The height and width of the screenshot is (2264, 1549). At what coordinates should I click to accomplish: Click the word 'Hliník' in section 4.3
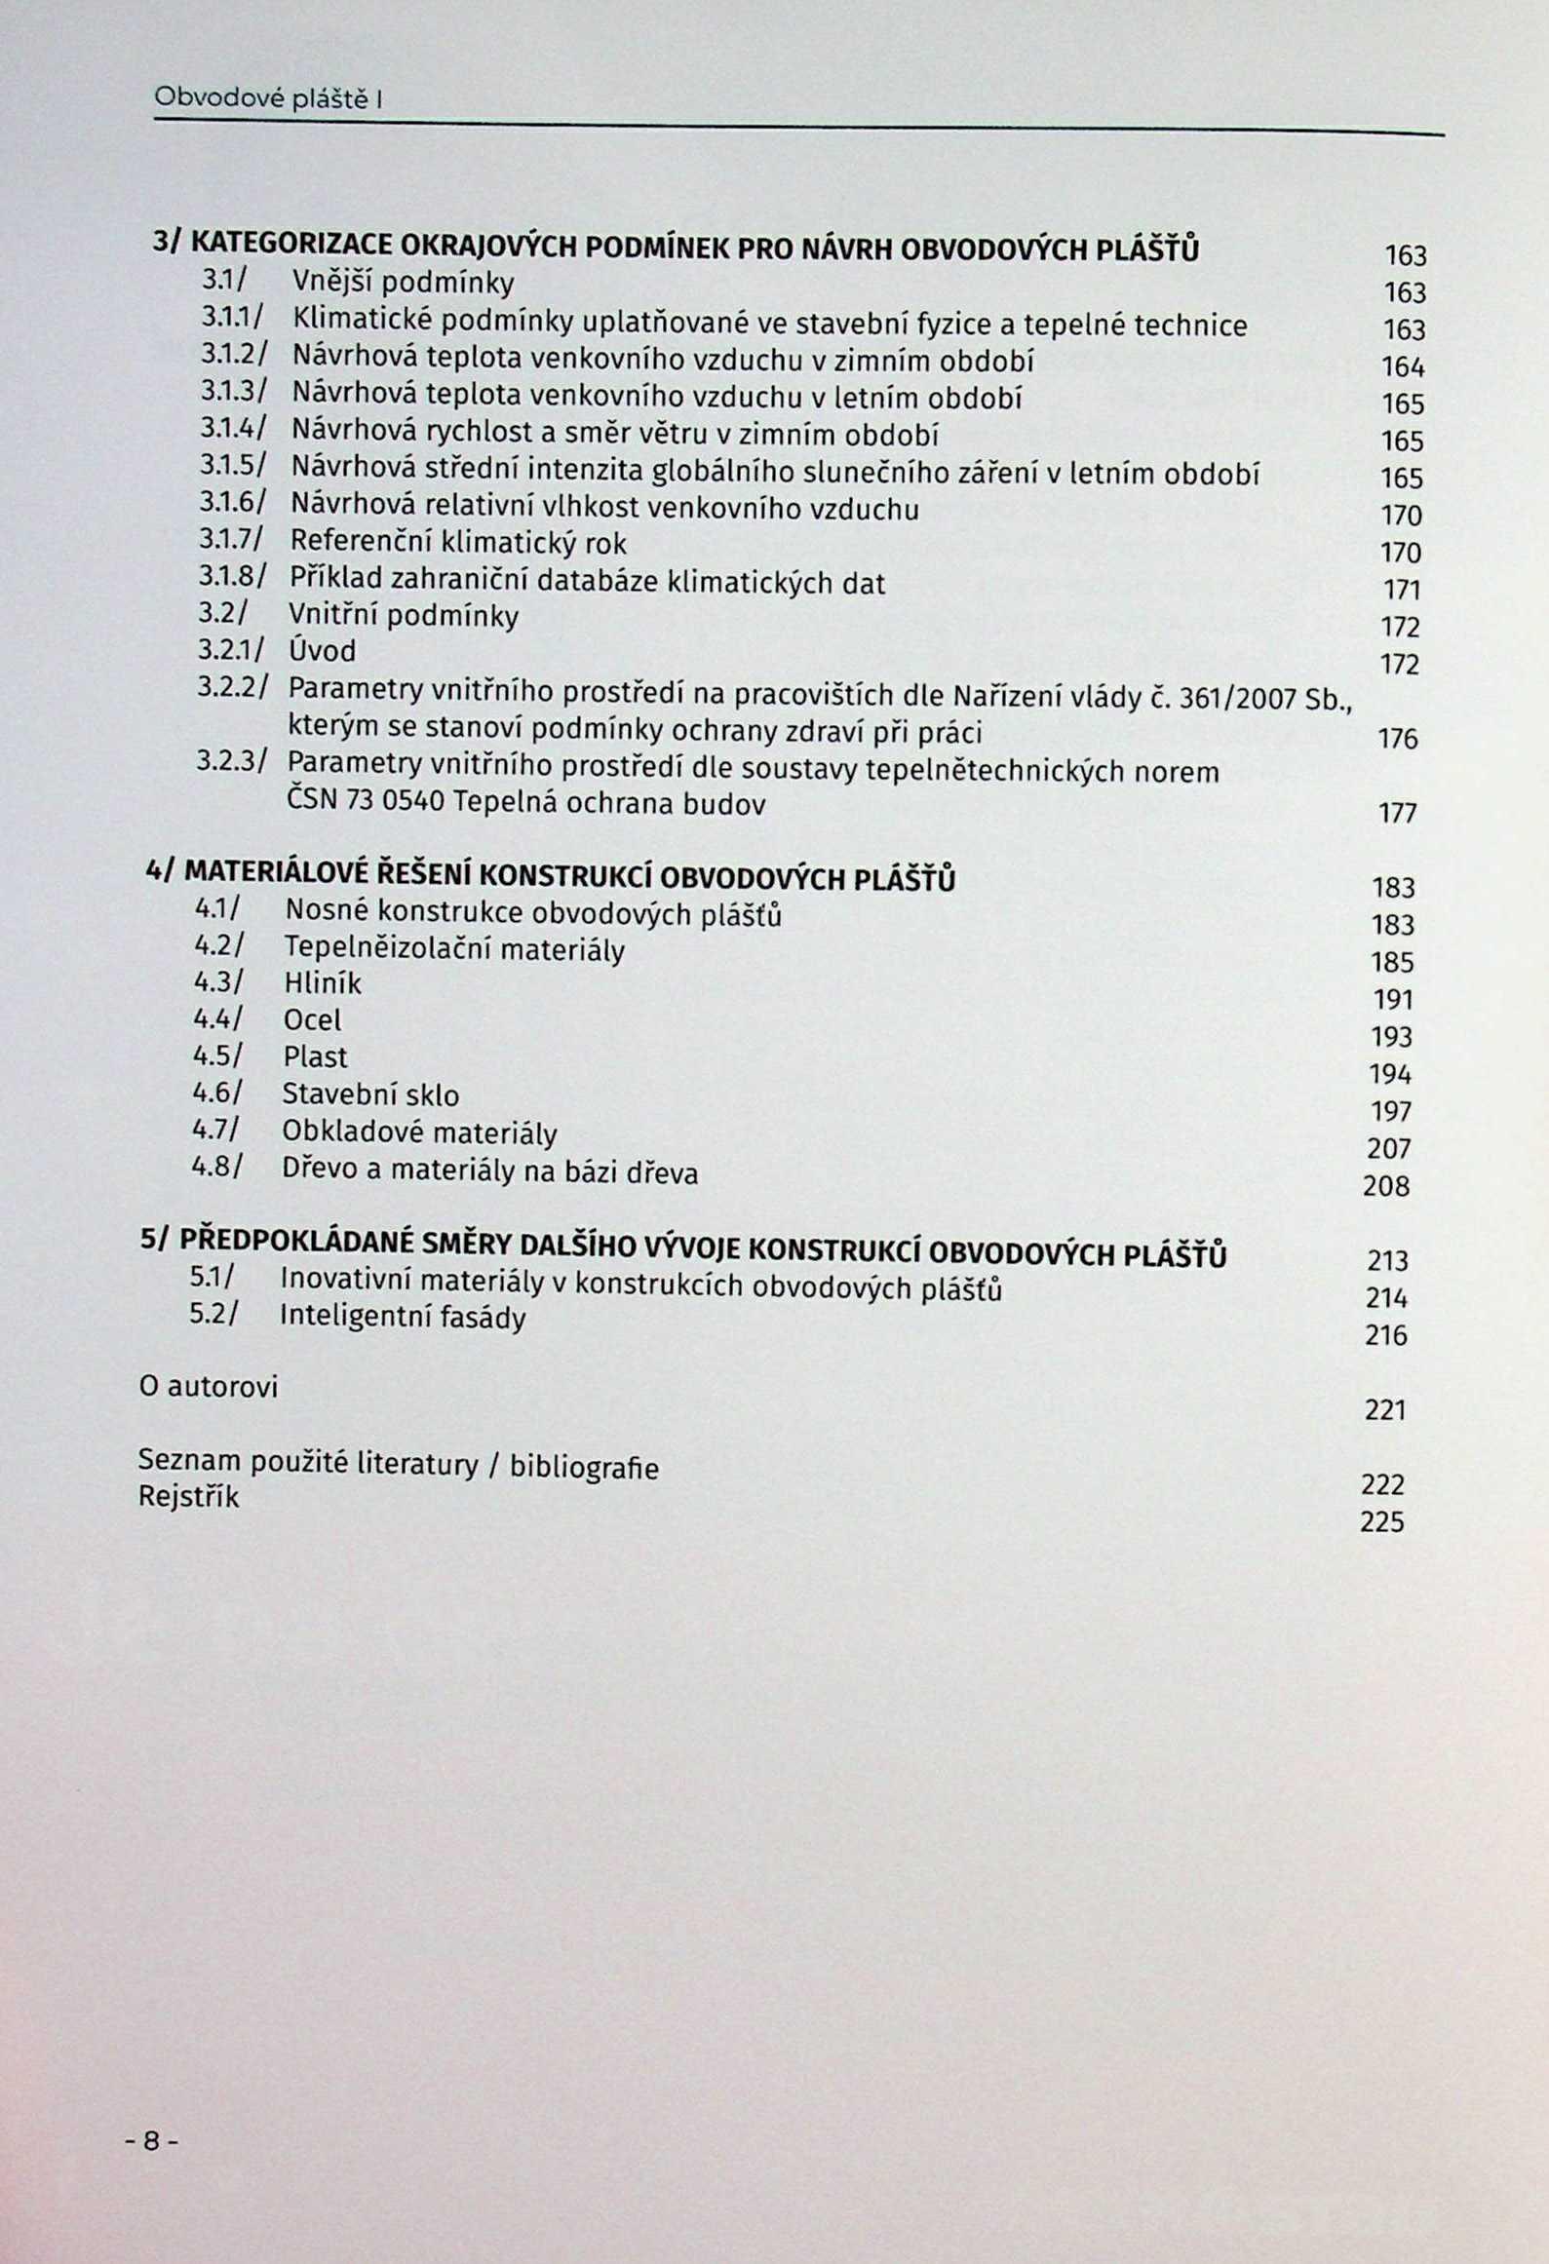[x=322, y=984]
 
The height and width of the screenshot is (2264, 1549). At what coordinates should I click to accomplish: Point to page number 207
[x=1389, y=1149]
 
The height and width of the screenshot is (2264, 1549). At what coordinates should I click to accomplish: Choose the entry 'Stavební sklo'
[x=370, y=1094]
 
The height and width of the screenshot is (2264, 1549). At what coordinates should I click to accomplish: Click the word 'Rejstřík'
[x=188, y=1496]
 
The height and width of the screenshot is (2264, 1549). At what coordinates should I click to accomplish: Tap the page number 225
[x=1382, y=1522]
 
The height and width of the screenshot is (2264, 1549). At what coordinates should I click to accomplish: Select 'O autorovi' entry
[x=209, y=1386]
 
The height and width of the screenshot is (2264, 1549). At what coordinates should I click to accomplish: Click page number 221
[x=1385, y=1410]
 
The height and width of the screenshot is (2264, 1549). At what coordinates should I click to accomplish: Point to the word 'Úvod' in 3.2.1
[x=323, y=650]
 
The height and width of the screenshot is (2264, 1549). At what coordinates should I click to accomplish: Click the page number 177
[x=1396, y=814]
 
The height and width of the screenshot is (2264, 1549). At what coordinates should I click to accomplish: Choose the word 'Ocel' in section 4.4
[x=312, y=1020]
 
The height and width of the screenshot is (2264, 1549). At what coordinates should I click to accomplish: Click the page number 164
[x=1403, y=368]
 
